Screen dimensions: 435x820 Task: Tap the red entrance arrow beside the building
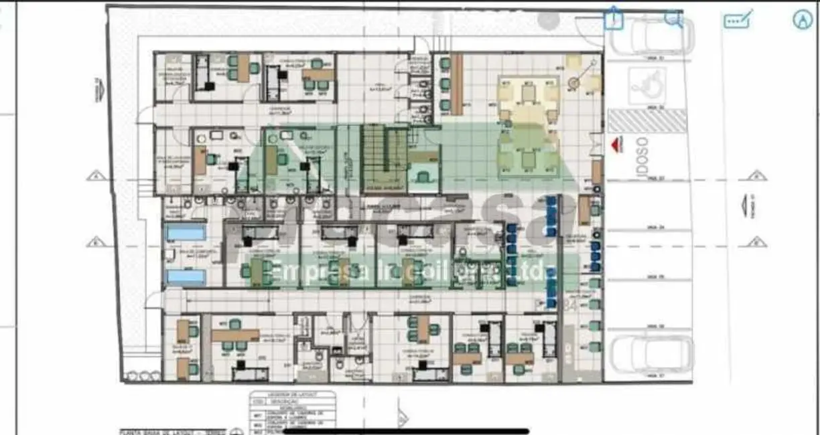click(x=616, y=145)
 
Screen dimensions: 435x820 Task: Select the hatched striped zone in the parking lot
click(x=647, y=121)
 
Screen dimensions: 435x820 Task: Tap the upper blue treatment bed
click(x=186, y=232)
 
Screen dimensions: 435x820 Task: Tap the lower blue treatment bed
click(x=186, y=276)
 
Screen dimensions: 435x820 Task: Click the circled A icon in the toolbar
click(x=802, y=20)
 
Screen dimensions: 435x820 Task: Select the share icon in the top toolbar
click(x=613, y=19)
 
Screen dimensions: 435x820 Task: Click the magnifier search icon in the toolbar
click(x=673, y=19)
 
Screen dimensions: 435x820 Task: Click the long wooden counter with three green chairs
click(x=457, y=84)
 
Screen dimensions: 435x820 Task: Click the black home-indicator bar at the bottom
click(x=406, y=431)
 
